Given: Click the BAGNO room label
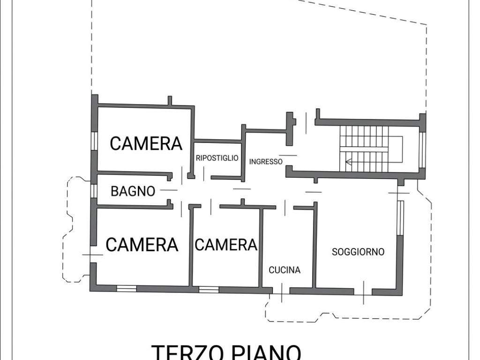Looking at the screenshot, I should [133, 191].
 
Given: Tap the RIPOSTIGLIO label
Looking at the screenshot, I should [217, 158].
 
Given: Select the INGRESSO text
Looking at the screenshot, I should [266, 162].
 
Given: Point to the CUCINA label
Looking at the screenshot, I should [285, 270].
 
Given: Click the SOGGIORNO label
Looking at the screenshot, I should [358, 252].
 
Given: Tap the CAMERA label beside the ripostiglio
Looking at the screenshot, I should [146, 143].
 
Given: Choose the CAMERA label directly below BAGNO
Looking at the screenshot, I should [142, 244].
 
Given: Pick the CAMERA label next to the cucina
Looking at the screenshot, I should [226, 244].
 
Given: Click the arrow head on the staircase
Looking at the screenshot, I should [348, 163].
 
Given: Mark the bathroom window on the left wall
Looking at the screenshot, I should [94, 191].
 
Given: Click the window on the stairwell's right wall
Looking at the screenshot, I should [422, 150].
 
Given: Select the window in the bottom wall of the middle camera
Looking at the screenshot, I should [209, 289].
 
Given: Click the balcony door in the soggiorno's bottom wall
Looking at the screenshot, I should [364, 292].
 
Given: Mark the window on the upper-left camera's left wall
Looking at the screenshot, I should [94, 141].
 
